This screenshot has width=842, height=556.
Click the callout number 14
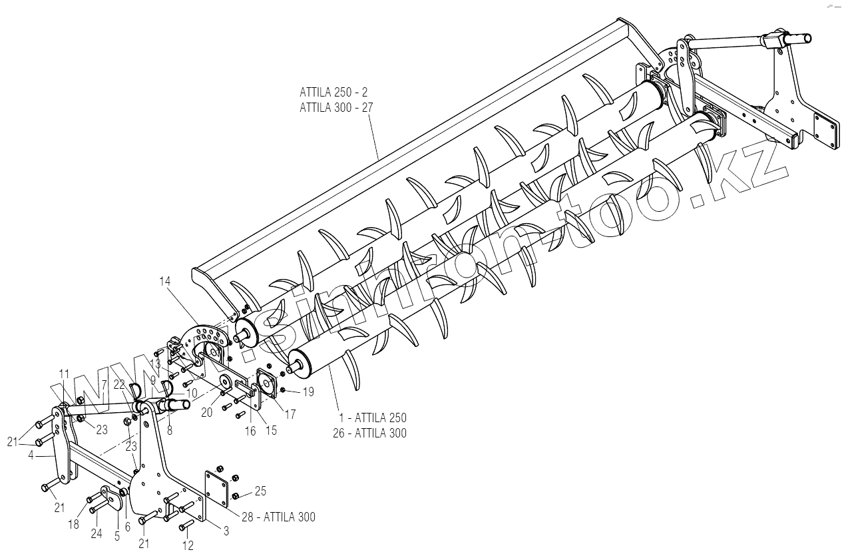[x=164, y=281]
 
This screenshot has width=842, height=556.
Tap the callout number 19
[x=308, y=392]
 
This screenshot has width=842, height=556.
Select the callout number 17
[x=290, y=414]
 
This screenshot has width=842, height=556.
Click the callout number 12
[x=188, y=546]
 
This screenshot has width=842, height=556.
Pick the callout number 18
[x=73, y=524]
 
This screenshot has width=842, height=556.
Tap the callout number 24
[x=97, y=533]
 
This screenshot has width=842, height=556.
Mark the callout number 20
[x=207, y=413]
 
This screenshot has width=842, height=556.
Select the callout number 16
[x=250, y=431]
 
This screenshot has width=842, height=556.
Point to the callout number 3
[x=225, y=530]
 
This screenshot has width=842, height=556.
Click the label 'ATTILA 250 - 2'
[x=333, y=91]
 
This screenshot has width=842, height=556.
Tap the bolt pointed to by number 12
[x=186, y=529]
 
